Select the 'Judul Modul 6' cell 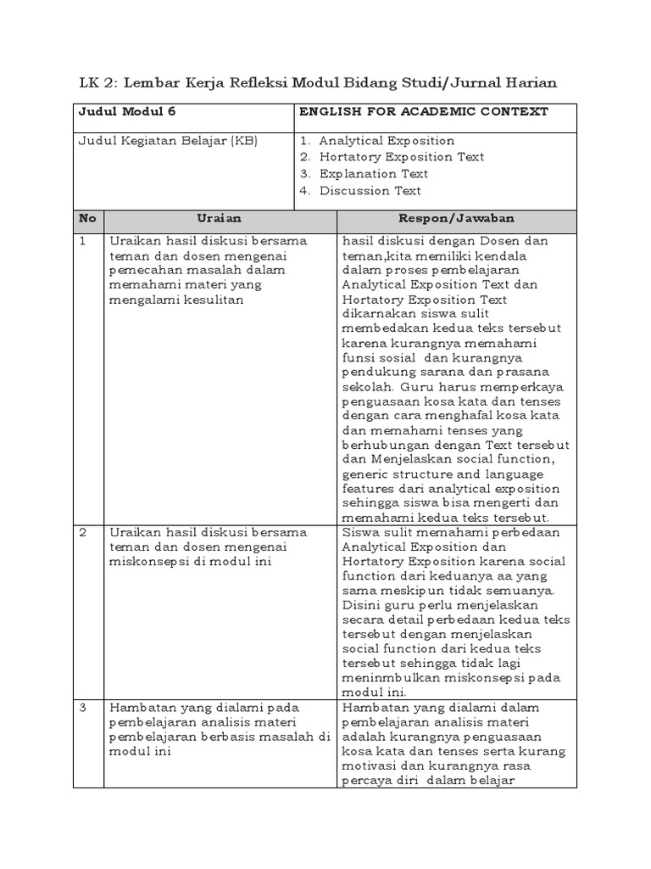point(127,112)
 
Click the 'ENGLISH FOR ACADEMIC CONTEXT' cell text point(424,112)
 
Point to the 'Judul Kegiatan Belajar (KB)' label point(168,141)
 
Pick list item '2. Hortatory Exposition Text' point(392,157)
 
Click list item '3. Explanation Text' point(364,174)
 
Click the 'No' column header point(87,218)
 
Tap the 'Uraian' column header point(219,218)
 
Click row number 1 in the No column point(83,241)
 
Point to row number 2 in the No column point(83,532)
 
